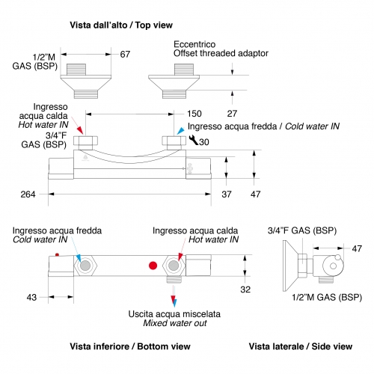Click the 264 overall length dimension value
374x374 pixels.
pyautogui.click(x=28, y=194)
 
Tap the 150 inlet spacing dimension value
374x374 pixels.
pyautogui.click(x=194, y=114)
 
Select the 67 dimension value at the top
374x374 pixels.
pyautogui.click(x=125, y=55)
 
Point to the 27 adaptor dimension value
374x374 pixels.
pyautogui.click(x=232, y=114)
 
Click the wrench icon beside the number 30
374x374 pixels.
pyautogui.click(x=193, y=140)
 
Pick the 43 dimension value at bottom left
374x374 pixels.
pyautogui.click(x=31, y=297)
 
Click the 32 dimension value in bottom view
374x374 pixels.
pyautogui.click(x=245, y=289)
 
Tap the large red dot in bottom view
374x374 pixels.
pyautogui.click(x=153, y=266)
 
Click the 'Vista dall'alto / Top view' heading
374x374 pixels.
pyautogui.click(x=121, y=25)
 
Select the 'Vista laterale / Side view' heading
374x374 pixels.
pyautogui.click(x=301, y=346)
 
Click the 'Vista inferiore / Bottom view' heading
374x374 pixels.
pyautogui.click(x=130, y=346)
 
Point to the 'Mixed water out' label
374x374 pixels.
pyautogui.click(x=175, y=323)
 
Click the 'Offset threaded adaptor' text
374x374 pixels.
pyautogui.click(x=221, y=53)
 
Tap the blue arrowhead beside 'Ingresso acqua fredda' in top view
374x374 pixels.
pyautogui.click(x=181, y=131)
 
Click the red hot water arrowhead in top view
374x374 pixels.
pyautogui.click(x=79, y=130)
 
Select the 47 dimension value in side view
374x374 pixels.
pyautogui.click(x=357, y=248)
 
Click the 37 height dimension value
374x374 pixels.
pyautogui.click(x=227, y=194)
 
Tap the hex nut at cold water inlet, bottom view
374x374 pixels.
pyautogui.click(x=85, y=266)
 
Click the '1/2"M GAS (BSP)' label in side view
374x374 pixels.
pyautogui.click(x=327, y=297)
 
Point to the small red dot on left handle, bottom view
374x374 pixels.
pyautogui.click(x=57, y=254)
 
